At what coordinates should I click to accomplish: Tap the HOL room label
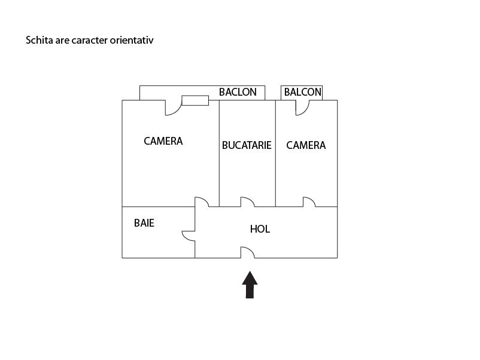point(260,228)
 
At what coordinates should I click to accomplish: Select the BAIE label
point(144,223)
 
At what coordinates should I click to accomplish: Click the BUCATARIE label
point(247,145)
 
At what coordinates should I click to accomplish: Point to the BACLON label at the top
point(238,92)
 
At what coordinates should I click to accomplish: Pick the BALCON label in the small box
point(302,92)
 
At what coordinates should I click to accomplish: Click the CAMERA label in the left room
point(163,141)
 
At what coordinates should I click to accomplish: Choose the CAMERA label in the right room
point(306,145)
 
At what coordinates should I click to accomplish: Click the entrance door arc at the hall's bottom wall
point(248,252)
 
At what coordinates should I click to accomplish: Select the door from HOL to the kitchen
point(247,202)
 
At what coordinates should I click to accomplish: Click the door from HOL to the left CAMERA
point(202,202)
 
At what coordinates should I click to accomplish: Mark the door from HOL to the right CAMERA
point(309,202)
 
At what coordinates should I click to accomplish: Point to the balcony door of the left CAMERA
point(173,108)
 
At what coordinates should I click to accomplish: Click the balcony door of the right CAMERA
point(302,107)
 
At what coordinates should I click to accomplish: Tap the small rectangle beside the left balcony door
point(195,100)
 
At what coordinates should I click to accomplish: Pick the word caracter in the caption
point(90,41)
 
